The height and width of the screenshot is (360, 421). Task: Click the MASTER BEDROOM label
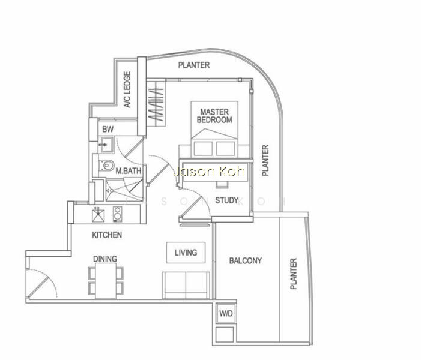pyautogui.click(x=214, y=116)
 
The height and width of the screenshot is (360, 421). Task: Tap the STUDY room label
pyautogui.click(x=226, y=200)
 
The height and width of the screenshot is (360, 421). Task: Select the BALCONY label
pyautogui.click(x=246, y=260)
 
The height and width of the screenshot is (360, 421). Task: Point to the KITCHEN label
pyautogui.click(x=107, y=235)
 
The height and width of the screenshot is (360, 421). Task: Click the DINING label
pyautogui.click(x=105, y=259)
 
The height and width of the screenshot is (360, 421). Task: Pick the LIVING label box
pyautogui.click(x=186, y=253)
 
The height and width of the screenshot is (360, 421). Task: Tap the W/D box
pyautogui.click(x=226, y=313)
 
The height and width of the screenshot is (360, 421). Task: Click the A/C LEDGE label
pyautogui.click(x=127, y=89)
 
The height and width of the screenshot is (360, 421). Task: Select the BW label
pyautogui.click(x=108, y=129)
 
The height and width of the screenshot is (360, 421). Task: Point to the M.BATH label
pyautogui.click(x=129, y=171)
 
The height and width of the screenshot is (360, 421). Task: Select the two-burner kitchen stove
pyautogui.click(x=117, y=214)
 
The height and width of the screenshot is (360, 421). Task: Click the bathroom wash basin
pyautogui.click(x=108, y=145)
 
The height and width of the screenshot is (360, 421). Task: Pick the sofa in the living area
pyautogui.click(x=186, y=285)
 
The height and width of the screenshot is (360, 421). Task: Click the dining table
pyautogui.click(x=106, y=281)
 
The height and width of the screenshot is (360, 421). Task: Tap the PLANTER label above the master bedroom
pyautogui.click(x=194, y=65)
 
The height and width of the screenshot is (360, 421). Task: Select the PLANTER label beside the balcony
pyautogui.click(x=294, y=274)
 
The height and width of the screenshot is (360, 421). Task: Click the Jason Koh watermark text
pyautogui.click(x=209, y=172)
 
